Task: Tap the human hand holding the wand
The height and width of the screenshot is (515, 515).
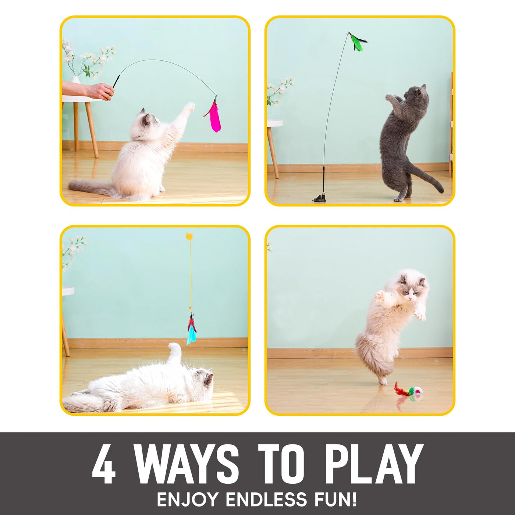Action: tap(100, 91)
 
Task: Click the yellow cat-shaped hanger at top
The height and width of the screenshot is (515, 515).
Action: tap(189, 236)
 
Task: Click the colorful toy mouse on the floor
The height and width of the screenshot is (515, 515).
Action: tap(408, 391)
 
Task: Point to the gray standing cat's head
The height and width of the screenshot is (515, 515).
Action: tap(416, 93)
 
